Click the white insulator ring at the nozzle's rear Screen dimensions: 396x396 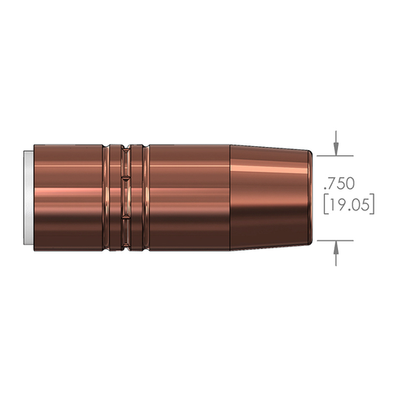pyautogui.click(x=28, y=197)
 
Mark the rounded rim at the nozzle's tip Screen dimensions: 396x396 pyautogui.click(x=312, y=197)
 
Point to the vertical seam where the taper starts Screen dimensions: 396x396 pyautogui.click(x=231, y=197)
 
